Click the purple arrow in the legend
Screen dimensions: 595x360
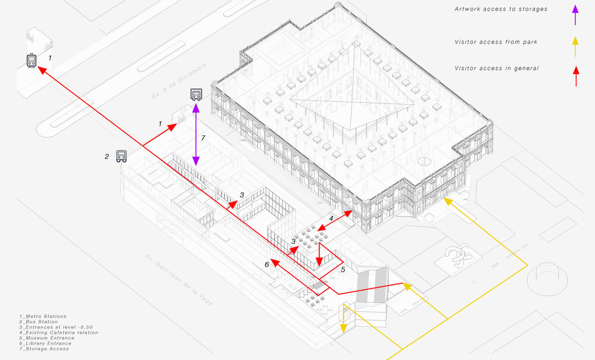click(575, 15)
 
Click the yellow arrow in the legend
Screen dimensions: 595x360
click(575, 46)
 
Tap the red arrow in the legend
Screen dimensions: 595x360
click(576, 76)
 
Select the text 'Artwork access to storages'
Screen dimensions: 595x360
click(501, 9)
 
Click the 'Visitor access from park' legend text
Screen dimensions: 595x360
click(496, 42)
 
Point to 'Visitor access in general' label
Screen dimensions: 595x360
click(497, 68)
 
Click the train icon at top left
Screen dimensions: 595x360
click(32, 60)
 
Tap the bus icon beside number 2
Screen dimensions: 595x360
click(121, 156)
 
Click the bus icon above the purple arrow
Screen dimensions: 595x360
click(196, 95)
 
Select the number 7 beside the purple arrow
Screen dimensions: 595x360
click(203, 138)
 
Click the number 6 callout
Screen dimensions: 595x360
click(267, 264)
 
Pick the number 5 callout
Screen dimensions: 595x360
click(343, 270)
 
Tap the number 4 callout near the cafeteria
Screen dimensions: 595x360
click(331, 219)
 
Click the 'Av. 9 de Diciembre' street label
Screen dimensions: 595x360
click(180, 81)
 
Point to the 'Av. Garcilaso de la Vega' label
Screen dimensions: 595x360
click(178, 280)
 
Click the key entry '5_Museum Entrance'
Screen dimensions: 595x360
click(47, 338)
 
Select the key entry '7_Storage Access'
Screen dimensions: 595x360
click(45, 349)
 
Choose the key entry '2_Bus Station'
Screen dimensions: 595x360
click(39, 322)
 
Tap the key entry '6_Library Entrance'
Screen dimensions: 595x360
click(46, 343)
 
